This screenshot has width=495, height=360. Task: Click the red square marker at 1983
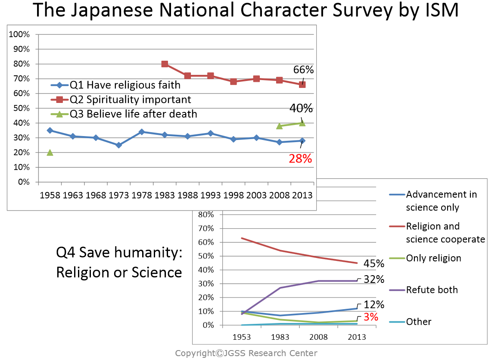pos(165,64)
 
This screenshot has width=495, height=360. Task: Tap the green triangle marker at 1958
pos(50,152)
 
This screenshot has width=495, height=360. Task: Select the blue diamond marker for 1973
pos(119,145)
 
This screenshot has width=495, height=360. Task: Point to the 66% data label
pos(304,70)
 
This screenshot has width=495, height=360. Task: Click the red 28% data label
pos(300,159)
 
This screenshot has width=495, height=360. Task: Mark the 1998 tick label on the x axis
pos(233,195)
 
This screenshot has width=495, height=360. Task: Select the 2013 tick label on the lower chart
pos(357,337)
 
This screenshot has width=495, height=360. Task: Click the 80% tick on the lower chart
pos(206,214)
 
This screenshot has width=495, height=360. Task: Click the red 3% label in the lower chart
pos(370,317)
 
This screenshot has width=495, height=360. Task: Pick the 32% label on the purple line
pos(373,279)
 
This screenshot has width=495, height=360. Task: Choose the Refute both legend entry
pos(432,290)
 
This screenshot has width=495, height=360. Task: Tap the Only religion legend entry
pos(433,258)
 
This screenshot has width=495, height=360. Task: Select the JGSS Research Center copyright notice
pos(246,354)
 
